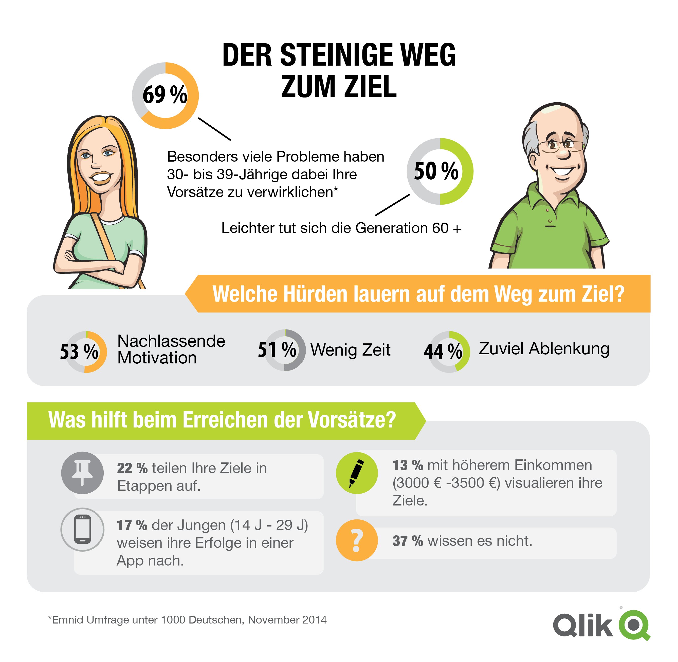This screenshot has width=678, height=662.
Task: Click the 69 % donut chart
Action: [x=165, y=96]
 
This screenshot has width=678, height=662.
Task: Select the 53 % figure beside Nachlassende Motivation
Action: [x=79, y=352]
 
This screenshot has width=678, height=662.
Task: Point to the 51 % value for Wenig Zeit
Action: [x=277, y=349]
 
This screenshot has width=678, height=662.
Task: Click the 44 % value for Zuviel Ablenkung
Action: [x=443, y=351]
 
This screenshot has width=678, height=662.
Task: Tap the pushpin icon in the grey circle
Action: [x=82, y=473]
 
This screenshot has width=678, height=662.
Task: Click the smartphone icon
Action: [x=82, y=530]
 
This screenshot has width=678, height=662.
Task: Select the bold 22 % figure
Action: [x=132, y=468]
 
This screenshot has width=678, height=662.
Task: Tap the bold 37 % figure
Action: [x=408, y=541]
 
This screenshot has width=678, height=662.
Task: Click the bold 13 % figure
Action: [x=408, y=465]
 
